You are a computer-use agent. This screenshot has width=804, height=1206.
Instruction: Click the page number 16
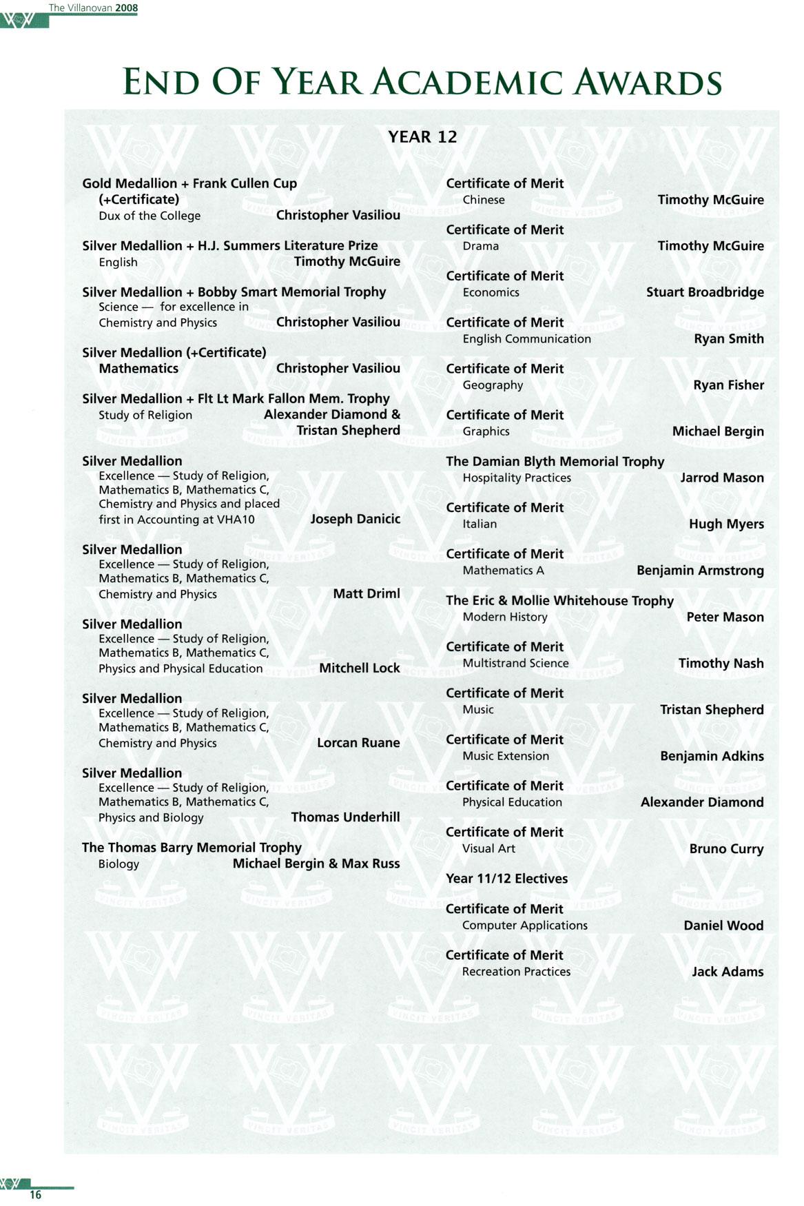[35, 1194]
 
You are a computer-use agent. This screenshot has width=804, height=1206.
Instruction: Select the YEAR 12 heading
[422, 136]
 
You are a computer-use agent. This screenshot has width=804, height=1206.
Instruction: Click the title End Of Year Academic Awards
[422, 82]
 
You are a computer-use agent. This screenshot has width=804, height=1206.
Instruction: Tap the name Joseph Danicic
[355, 519]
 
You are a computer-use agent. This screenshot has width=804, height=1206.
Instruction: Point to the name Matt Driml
[366, 593]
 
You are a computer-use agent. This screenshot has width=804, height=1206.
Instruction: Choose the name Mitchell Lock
[359, 668]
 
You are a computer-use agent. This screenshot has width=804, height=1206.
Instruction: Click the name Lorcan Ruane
[358, 742]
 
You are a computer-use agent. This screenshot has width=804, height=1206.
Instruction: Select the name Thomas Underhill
[345, 817]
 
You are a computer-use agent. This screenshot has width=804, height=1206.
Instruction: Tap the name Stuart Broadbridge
[704, 292]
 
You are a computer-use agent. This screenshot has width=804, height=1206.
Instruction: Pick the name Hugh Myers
[726, 524]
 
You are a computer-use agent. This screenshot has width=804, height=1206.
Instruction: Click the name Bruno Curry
[726, 848]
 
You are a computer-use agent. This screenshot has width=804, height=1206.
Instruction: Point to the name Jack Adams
[728, 972]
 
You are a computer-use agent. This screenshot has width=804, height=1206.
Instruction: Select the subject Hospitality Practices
[517, 478]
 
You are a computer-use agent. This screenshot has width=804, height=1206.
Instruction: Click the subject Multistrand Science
[515, 663]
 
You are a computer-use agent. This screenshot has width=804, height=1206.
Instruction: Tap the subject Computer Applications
[524, 925]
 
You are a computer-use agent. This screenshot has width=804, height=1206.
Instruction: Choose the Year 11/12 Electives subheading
[506, 879]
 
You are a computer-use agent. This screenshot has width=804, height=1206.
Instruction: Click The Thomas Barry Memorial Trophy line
[192, 848]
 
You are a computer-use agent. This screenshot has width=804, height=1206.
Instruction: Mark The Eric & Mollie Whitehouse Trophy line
[559, 600]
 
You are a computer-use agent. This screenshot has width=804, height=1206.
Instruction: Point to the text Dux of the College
[150, 216]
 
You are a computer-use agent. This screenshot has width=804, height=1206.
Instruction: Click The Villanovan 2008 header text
[93, 8]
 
